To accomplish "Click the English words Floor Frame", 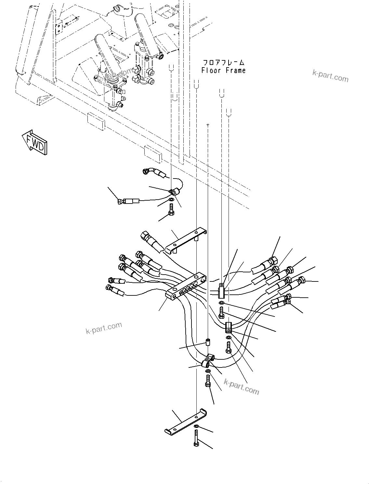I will [223, 70].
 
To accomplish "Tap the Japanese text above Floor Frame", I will [223, 62].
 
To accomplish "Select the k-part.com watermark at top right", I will [330, 77].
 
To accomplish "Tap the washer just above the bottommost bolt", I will [196, 426].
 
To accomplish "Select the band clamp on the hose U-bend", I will [207, 362].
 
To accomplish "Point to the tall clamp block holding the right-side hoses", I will [221, 291].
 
